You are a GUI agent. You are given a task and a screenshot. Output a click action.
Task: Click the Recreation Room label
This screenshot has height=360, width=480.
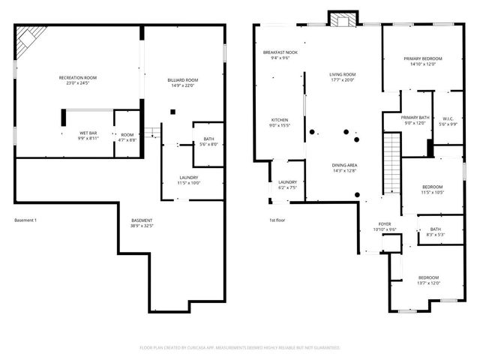[x=78, y=80]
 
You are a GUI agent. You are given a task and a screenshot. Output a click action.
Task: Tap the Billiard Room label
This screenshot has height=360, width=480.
[x=182, y=82]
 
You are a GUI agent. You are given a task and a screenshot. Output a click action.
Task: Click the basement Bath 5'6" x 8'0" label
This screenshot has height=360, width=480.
[x=208, y=142]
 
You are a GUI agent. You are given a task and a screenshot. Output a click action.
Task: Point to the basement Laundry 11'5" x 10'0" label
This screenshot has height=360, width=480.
[x=188, y=180]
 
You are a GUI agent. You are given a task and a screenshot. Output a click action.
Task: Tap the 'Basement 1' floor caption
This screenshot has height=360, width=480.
[x=25, y=220]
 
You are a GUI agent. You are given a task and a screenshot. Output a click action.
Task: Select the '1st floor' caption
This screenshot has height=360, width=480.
[x=278, y=220]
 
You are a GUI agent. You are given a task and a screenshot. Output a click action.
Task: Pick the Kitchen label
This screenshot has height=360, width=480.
[x=279, y=122]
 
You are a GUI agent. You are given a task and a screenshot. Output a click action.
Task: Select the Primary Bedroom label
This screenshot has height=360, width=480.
[x=422, y=61]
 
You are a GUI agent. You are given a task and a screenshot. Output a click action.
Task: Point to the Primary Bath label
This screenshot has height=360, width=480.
[x=414, y=120]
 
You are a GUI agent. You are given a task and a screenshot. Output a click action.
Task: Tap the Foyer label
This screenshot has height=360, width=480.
[x=384, y=226]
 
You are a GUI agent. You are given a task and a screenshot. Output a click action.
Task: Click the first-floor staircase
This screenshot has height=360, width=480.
[x=390, y=163]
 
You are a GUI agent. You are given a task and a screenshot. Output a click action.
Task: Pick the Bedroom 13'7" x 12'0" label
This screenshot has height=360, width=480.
[x=428, y=280]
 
